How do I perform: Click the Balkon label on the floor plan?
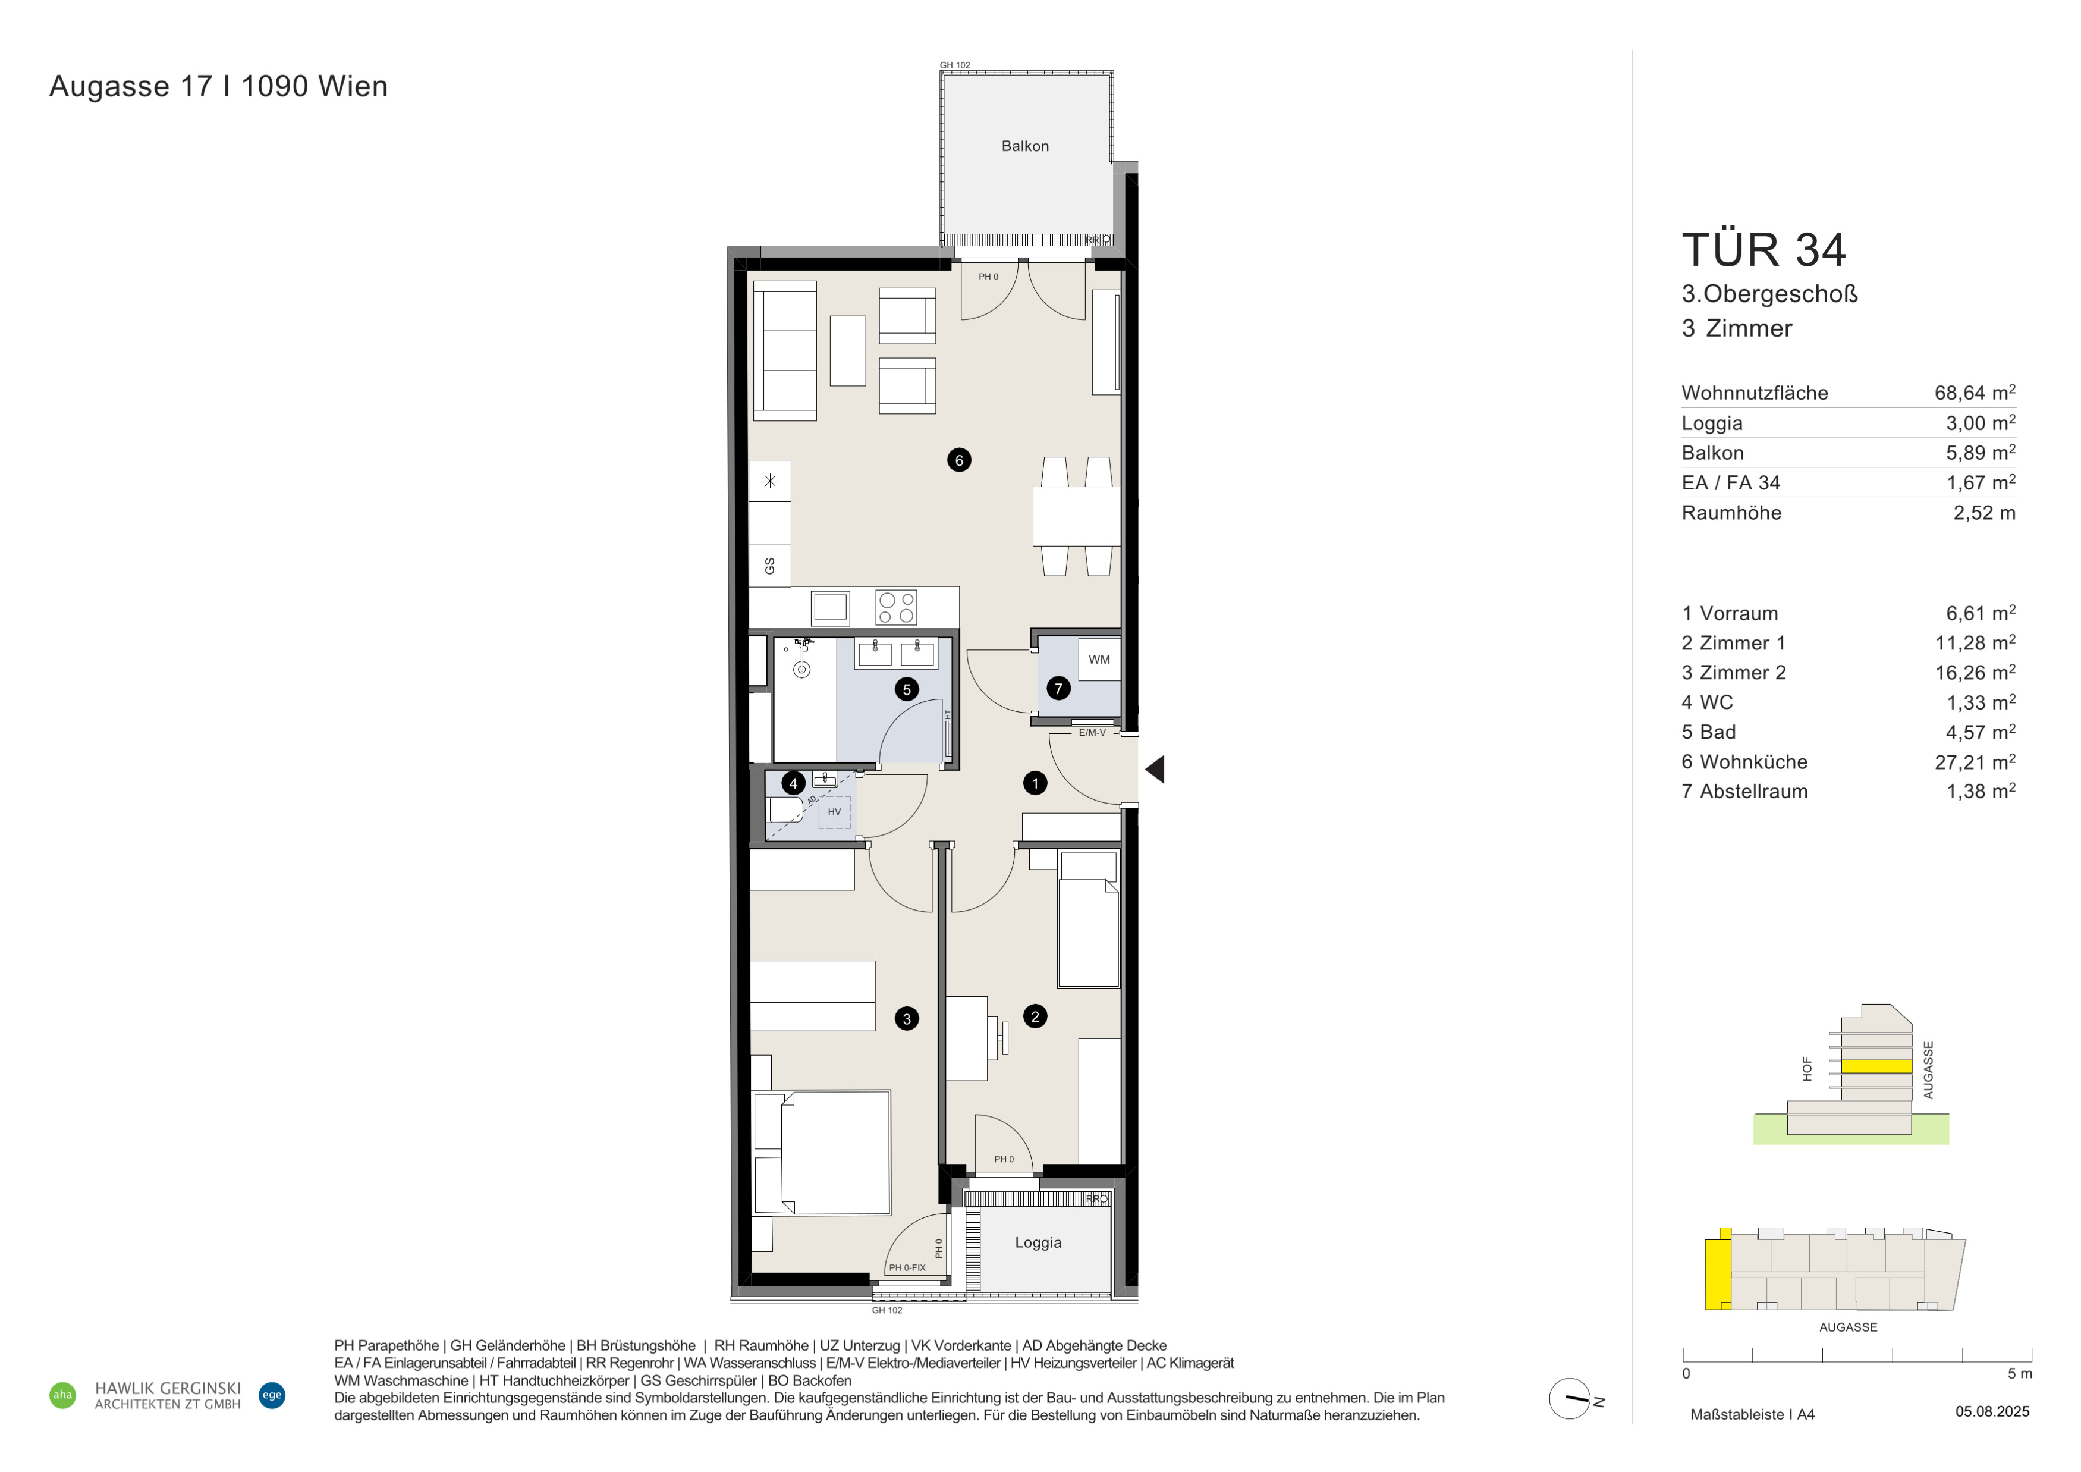click(x=1025, y=146)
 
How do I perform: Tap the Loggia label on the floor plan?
click(x=1038, y=1242)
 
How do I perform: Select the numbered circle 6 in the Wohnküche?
click(x=959, y=460)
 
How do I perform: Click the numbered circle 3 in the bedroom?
click(x=906, y=1019)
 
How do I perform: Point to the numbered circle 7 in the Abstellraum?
click(x=1058, y=689)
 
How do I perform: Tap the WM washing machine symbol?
click(x=1099, y=660)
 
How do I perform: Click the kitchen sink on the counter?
click(x=830, y=607)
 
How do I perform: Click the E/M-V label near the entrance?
click(x=1092, y=732)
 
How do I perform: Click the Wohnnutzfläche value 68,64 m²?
click(x=1975, y=393)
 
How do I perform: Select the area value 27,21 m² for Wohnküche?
click(x=1975, y=762)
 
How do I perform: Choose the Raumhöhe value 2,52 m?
click(x=1984, y=513)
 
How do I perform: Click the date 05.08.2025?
click(x=1992, y=1411)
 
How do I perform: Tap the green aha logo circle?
click(x=62, y=1395)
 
